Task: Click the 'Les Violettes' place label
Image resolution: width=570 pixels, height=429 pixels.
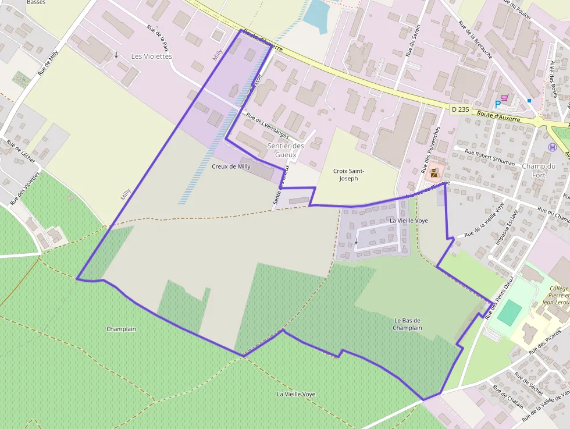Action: pyautogui.click(x=151, y=56)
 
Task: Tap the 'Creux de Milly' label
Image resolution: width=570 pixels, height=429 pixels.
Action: pyautogui.click(x=231, y=166)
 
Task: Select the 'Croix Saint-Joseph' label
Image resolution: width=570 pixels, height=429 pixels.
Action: pyautogui.click(x=349, y=175)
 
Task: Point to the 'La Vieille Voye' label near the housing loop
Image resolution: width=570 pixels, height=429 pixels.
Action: pyautogui.click(x=408, y=221)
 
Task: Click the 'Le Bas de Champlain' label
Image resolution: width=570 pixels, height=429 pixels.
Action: pyautogui.click(x=407, y=324)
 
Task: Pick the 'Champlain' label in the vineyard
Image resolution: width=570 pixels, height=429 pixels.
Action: pyautogui.click(x=121, y=329)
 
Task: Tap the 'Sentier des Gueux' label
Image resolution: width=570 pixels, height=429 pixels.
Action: pyautogui.click(x=286, y=150)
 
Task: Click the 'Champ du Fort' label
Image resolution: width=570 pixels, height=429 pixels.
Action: pyautogui.click(x=539, y=170)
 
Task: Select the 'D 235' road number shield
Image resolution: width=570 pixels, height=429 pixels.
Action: pyautogui.click(x=459, y=109)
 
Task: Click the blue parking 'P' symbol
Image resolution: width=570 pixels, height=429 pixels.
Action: pyautogui.click(x=498, y=104)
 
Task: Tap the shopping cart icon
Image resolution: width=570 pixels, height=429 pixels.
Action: pyautogui.click(x=504, y=98)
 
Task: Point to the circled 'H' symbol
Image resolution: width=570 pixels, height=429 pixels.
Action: pyautogui.click(x=552, y=147)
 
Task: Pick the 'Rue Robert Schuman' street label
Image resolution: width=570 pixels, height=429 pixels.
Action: pyautogui.click(x=489, y=156)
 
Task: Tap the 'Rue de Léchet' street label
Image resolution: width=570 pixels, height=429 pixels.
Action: pyautogui.click(x=20, y=151)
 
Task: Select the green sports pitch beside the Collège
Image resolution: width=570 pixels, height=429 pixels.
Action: pyautogui.click(x=509, y=312)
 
